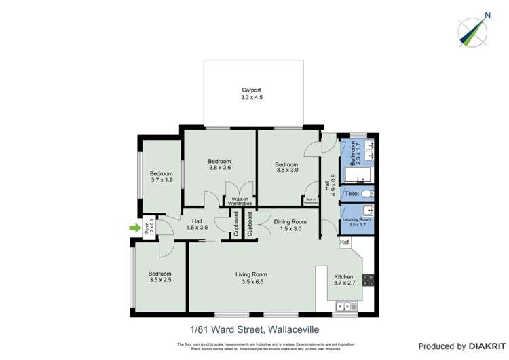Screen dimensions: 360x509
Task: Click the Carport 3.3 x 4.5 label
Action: coord(251,94)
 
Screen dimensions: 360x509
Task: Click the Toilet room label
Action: coord(351,194)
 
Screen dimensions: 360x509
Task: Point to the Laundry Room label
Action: coord(356,221)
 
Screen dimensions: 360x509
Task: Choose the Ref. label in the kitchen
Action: coord(345,242)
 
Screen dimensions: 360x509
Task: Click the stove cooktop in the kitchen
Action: coord(369,279)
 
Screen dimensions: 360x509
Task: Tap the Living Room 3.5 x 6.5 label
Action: coord(251,278)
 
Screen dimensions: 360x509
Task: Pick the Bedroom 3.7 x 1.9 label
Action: coord(162,177)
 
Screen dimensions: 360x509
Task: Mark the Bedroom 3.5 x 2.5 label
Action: coord(160,278)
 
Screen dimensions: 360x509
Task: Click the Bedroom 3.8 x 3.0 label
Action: coord(286,168)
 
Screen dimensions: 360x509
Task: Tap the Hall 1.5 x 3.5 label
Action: coord(197,225)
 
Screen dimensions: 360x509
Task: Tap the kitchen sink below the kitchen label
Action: coord(345,307)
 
